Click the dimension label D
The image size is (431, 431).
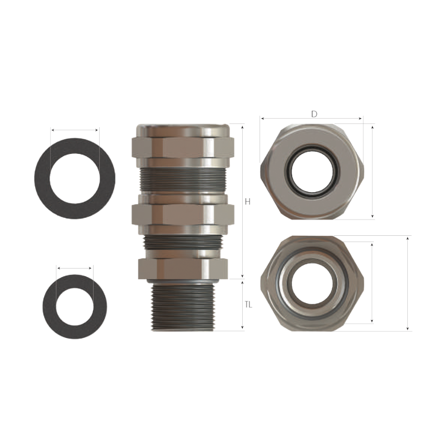coord(314,114)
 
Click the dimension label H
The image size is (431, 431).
coord(248,202)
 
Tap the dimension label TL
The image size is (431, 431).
coord(249,305)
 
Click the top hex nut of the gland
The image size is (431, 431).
coord(183,147)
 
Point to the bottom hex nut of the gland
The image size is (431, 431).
coord(183,269)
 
